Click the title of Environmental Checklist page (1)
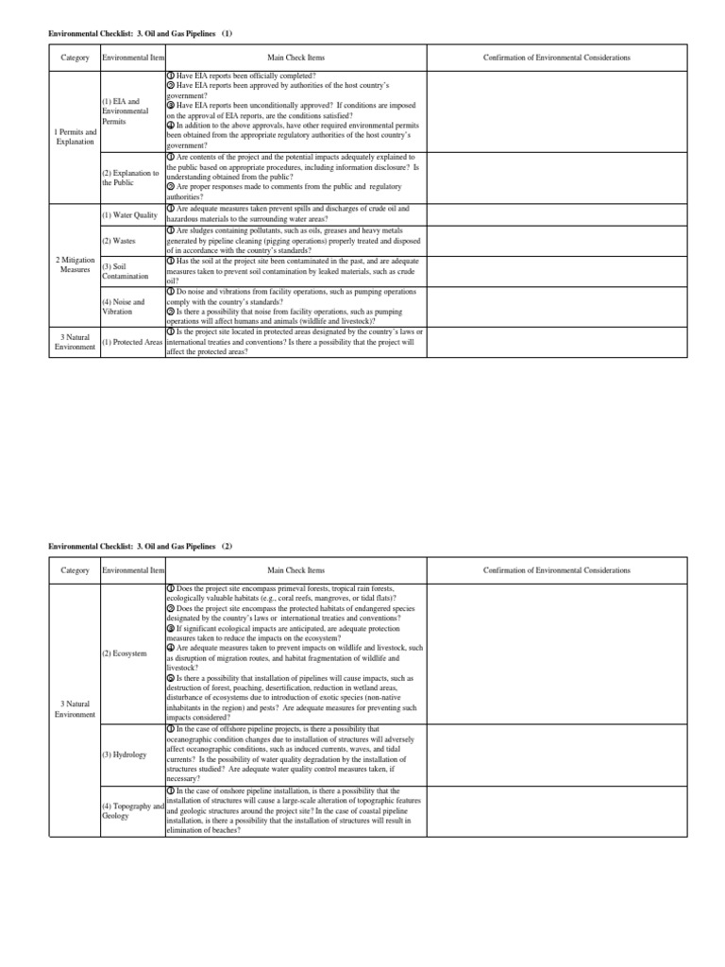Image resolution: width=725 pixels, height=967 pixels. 140,34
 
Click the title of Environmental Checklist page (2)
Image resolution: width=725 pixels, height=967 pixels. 140,547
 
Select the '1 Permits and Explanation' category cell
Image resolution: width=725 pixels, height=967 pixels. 76,137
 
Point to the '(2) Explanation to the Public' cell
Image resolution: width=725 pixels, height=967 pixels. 131,178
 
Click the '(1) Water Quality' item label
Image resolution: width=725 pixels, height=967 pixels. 129,215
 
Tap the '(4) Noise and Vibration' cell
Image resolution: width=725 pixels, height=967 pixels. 124,306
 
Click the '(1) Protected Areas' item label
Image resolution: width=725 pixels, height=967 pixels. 131,342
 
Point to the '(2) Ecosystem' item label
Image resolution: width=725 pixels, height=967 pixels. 124,653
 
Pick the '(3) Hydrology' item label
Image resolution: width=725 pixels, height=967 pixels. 123,755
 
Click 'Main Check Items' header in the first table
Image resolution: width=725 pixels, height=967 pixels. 295,58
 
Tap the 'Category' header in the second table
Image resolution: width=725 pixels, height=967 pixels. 76,570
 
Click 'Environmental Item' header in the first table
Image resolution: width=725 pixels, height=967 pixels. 131,58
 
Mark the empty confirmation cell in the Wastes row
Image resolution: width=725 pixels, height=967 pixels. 557,241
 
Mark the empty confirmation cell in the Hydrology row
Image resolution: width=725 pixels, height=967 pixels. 557,755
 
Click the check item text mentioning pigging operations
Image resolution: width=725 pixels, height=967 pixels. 295,241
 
